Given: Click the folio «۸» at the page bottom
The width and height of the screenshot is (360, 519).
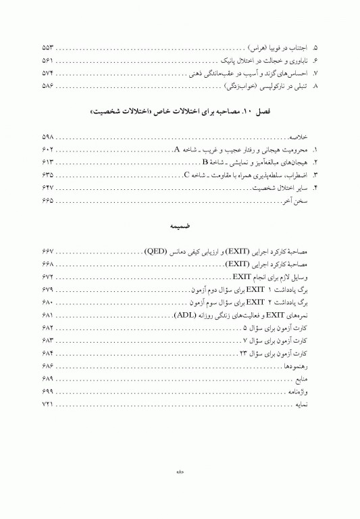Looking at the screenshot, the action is click(180, 472).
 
